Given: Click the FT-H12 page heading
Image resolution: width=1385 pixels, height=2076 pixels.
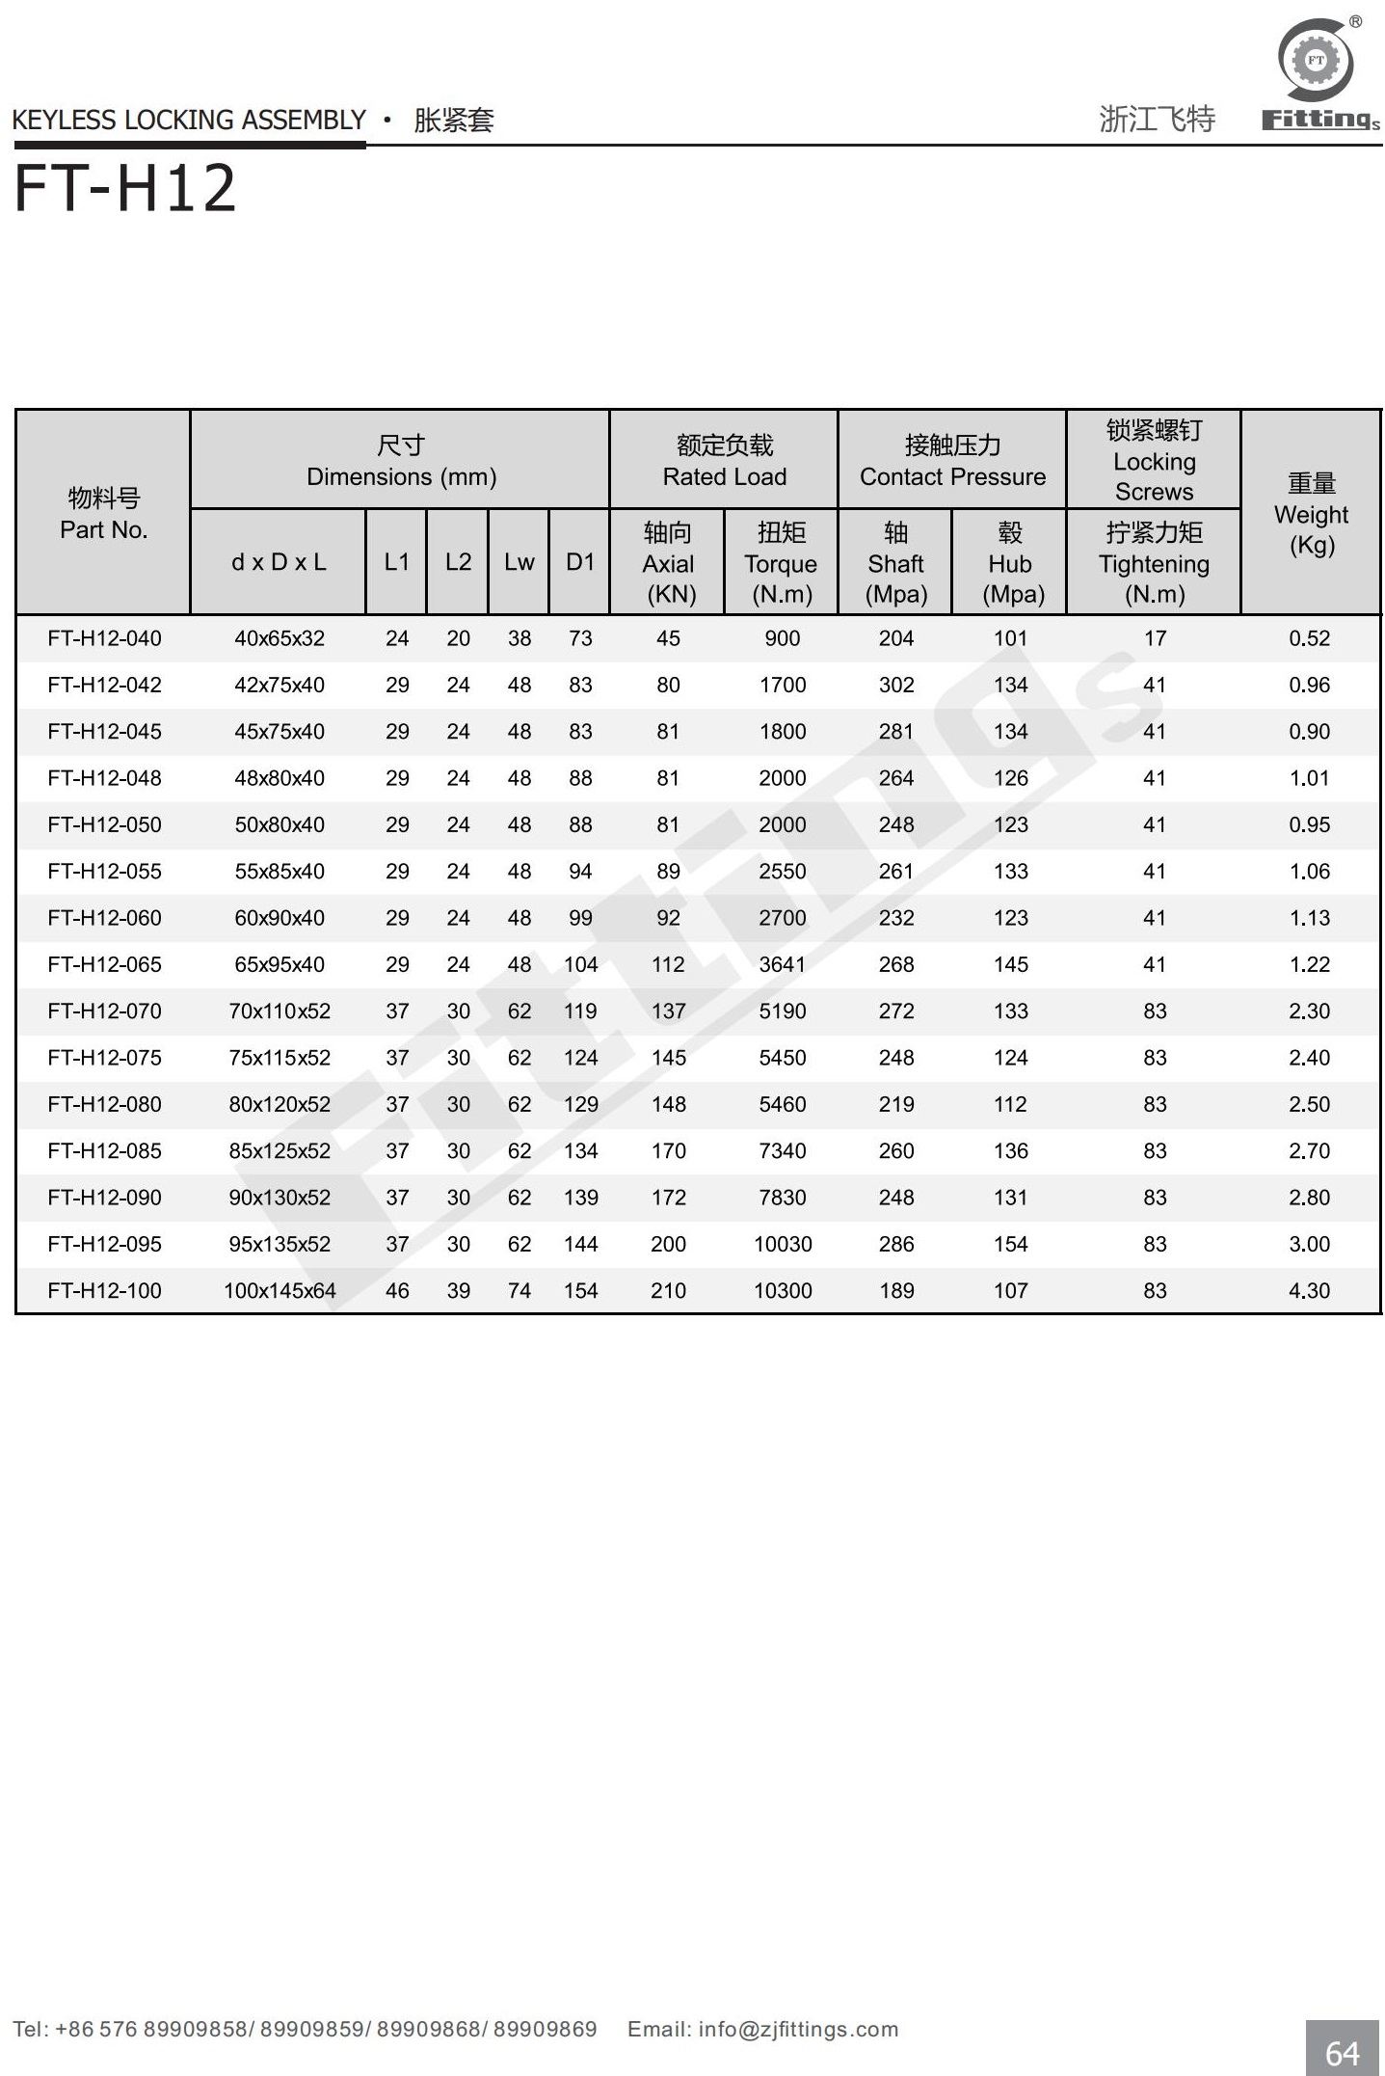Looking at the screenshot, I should point(125,188).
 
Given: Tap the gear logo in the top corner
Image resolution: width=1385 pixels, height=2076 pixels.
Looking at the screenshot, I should point(1316,61).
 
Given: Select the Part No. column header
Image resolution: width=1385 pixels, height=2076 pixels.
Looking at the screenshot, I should point(103,514).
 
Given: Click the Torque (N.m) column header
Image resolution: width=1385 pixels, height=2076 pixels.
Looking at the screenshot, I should point(781,563).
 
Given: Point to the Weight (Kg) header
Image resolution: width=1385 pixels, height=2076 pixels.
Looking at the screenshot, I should point(1311,514).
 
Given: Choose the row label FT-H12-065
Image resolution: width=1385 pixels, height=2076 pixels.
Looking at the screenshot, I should point(104,964).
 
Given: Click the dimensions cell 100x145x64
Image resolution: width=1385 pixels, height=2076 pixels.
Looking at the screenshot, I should point(280,1290).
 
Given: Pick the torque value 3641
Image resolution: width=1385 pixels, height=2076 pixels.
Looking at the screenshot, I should point(782,964).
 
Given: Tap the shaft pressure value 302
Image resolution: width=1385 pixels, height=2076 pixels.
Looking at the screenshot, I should point(895,685).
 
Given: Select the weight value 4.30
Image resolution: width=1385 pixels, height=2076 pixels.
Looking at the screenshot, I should point(1309,1290).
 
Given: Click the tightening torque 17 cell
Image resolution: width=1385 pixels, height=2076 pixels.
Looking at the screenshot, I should point(1155,638).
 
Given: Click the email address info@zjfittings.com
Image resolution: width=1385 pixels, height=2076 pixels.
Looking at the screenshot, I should point(798,2030).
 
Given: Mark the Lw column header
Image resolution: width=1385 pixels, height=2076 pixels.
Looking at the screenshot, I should point(519,562).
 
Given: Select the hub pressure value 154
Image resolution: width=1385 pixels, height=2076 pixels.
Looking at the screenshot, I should point(1010,1244).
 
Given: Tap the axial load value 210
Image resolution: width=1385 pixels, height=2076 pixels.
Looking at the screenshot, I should point(668,1290).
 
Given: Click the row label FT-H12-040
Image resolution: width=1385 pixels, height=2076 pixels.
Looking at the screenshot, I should point(104,638).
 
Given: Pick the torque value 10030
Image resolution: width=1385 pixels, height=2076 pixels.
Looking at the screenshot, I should point(783,1244).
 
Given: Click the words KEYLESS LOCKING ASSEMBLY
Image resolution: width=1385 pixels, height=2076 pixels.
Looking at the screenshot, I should point(189,121).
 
